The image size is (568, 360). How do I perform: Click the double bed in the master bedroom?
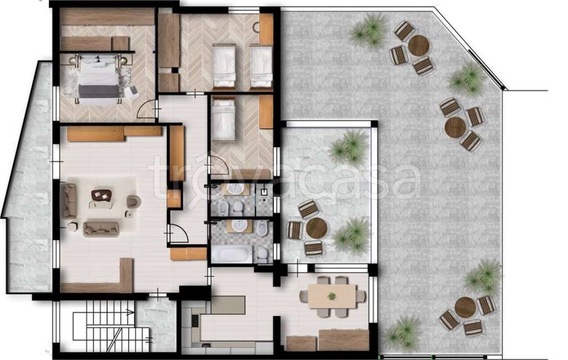pos(99,80)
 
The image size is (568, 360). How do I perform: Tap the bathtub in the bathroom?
pos(232,253)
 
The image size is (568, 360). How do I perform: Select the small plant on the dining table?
pos(332,296)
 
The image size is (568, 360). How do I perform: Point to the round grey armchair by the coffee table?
pos(133,202)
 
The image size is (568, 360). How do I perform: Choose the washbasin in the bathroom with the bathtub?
pos(239,225)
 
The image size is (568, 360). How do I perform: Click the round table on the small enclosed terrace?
pos(317,228)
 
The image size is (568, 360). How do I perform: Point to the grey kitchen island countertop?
pos(228,305)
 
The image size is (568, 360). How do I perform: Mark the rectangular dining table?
pos(332,296)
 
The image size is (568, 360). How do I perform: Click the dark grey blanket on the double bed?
pos(99,92)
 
